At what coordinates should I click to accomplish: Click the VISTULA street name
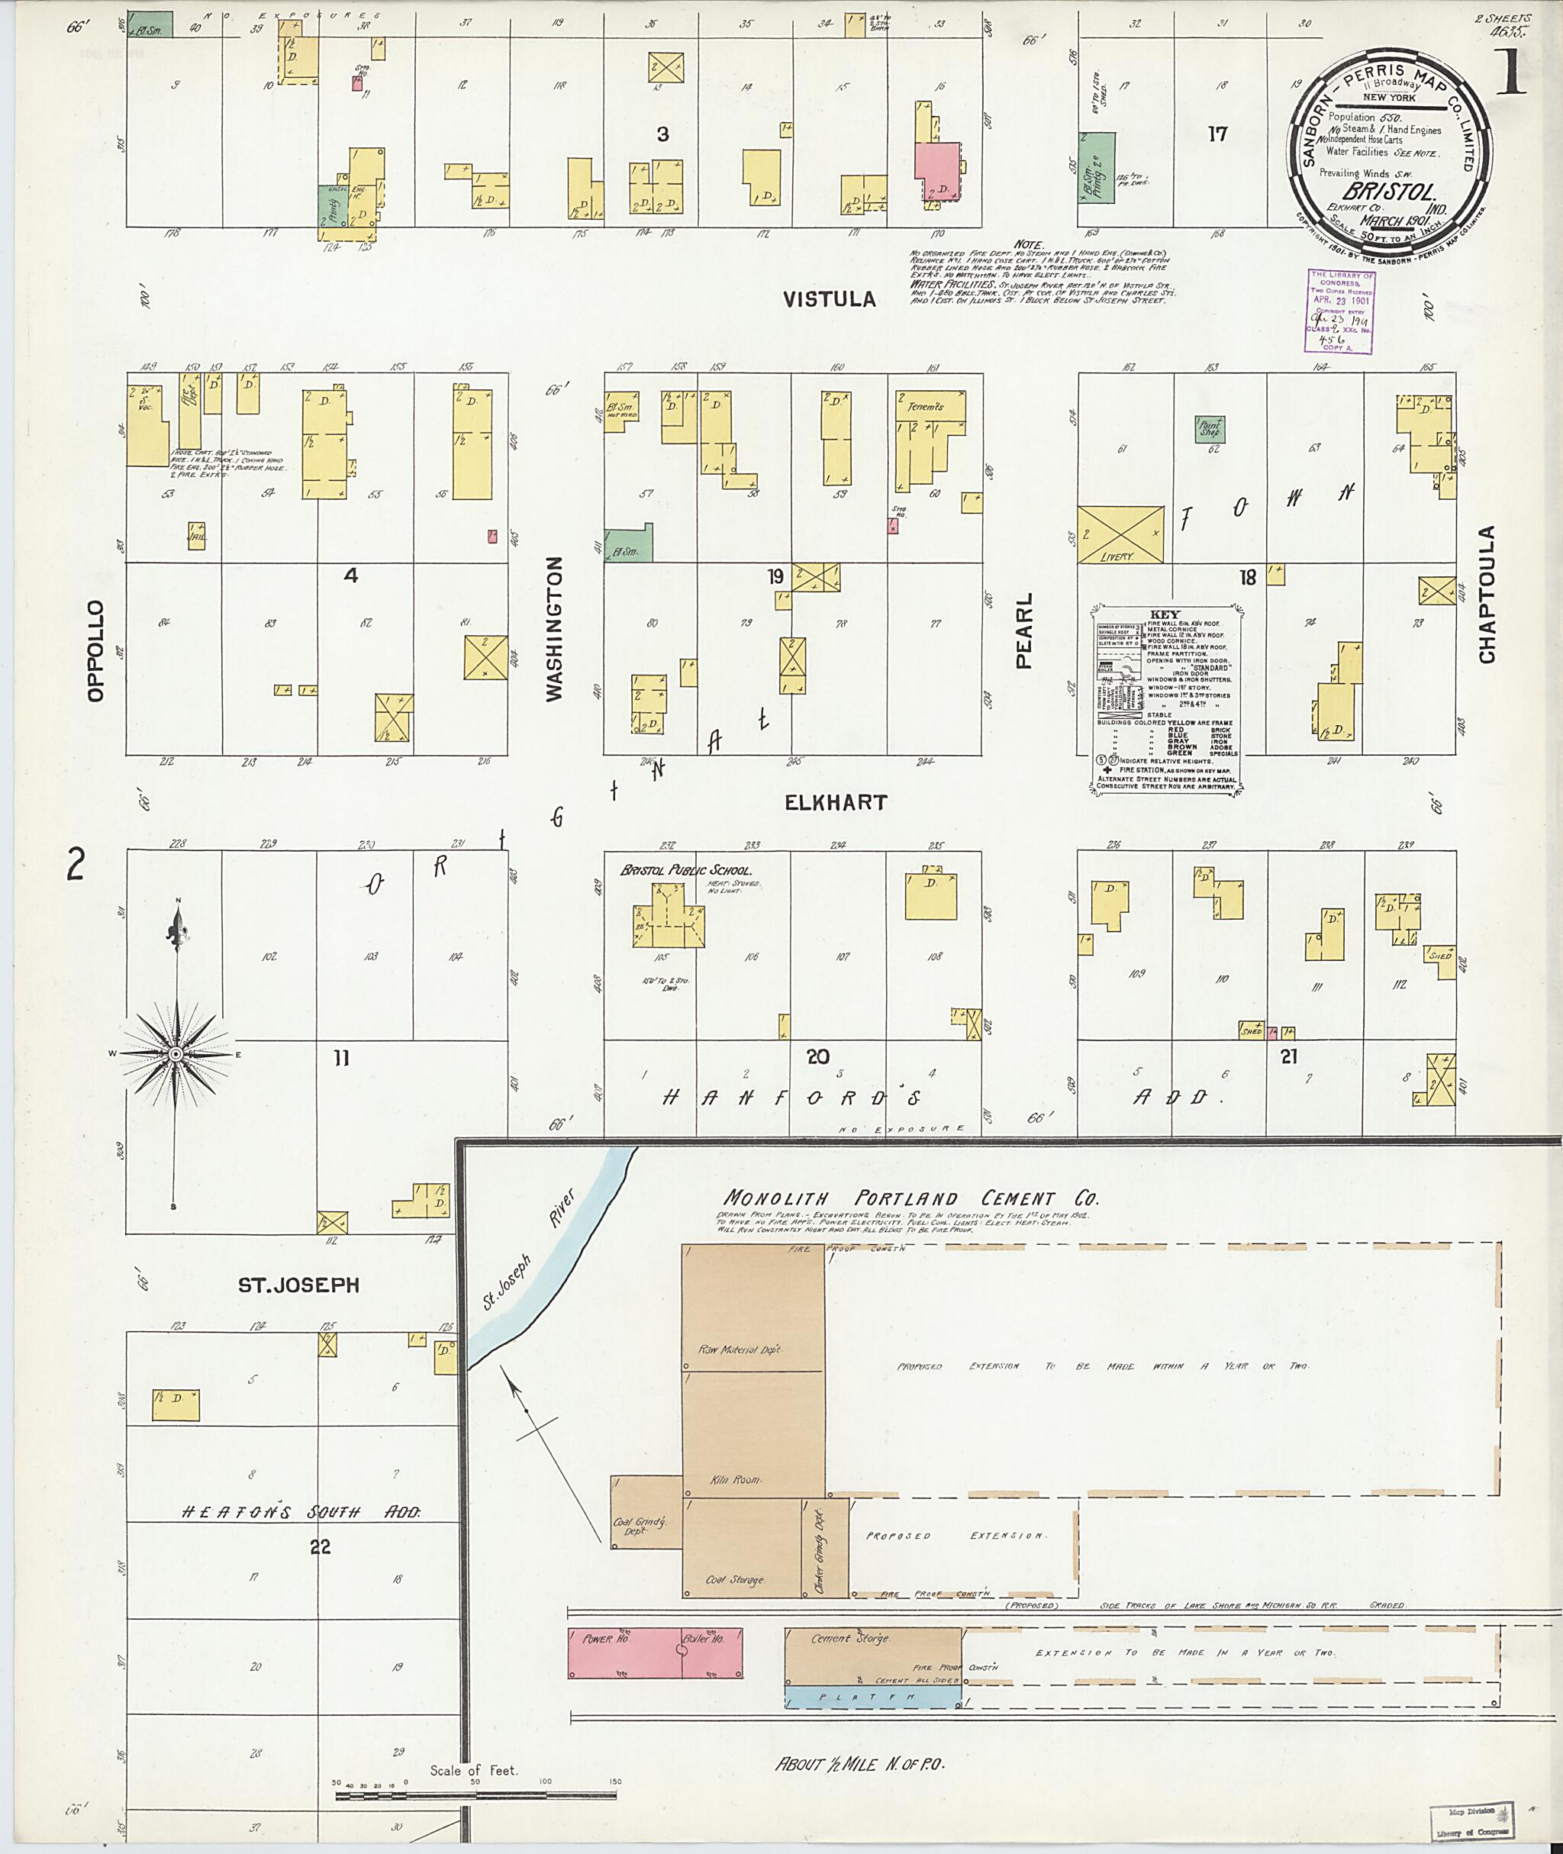coord(830,299)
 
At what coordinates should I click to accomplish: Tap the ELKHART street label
coord(836,803)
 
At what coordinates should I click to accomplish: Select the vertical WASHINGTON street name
coord(555,629)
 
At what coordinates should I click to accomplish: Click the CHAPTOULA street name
coord(1487,594)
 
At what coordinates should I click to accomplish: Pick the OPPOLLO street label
coord(95,651)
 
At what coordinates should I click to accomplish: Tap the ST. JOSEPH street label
coord(298,1285)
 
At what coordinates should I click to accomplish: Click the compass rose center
coord(176,1054)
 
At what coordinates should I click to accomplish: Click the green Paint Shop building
coord(1210,429)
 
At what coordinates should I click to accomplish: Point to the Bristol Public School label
coord(686,871)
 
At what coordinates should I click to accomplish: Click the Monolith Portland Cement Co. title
coord(910,1199)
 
